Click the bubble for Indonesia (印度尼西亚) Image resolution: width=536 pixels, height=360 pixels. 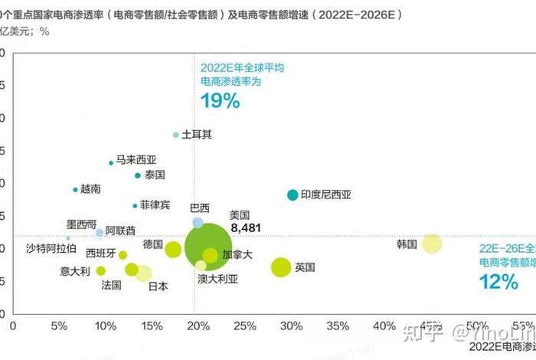(292, 195)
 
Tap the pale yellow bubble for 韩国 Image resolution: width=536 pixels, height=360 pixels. (432, 244)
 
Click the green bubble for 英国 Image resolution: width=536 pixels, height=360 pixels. (281, 267)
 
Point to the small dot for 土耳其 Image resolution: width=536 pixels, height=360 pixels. (175, 135)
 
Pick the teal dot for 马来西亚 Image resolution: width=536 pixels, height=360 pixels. (111, 162)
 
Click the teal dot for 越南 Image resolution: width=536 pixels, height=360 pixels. (75, 189)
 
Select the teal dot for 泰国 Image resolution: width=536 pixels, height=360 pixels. (138, 175)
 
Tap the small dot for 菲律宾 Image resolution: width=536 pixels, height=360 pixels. (135, 205)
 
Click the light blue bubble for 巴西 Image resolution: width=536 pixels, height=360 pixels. (198, 222)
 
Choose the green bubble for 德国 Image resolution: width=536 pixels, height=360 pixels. (173, 249)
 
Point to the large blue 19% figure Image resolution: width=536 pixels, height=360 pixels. (220, 100)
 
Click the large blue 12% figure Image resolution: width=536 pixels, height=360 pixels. (499, 281)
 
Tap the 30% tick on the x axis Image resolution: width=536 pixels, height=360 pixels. (291, 327)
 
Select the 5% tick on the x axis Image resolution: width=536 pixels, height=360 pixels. (58, 327)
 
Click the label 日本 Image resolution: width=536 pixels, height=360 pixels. (158, 286)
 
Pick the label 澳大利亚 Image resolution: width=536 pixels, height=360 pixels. (217, 279)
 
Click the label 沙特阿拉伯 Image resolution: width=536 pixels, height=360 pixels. (51, 248)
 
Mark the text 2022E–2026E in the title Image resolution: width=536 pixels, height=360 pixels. (361, 15)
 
